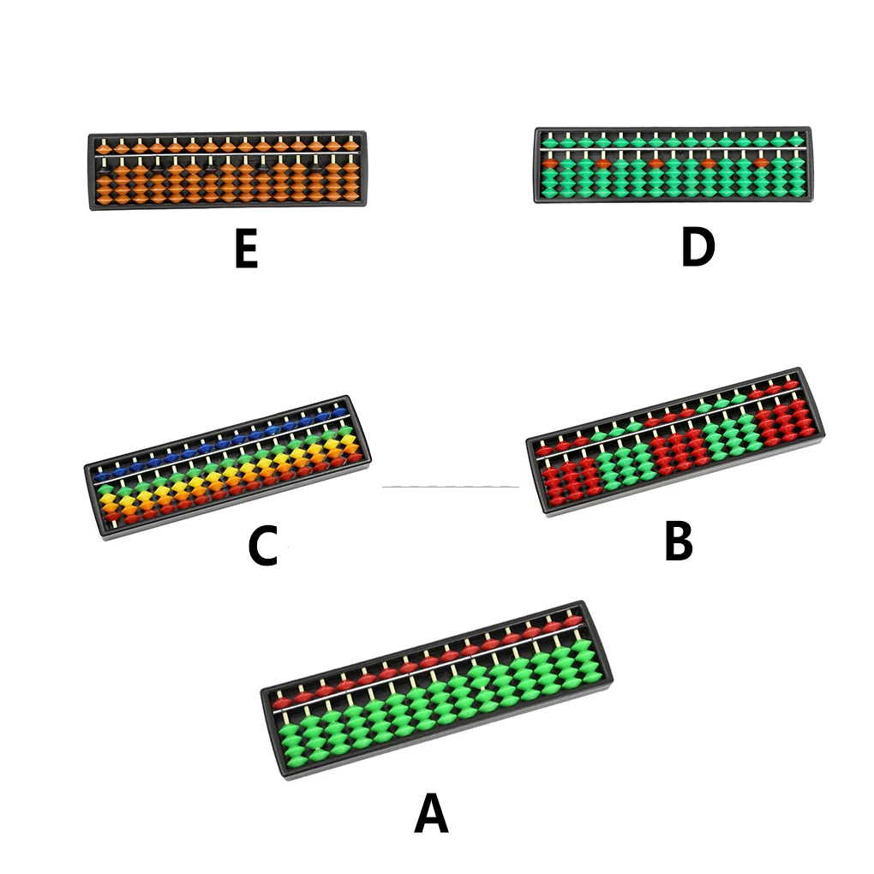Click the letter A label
coord(431,813)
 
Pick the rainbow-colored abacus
coord(227,466)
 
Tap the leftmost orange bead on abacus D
coord(552,161)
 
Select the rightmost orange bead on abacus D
coord(761,161)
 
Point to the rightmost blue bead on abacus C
coord(340,412)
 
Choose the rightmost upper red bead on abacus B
coord(789,386)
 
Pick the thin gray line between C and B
coord(450,487)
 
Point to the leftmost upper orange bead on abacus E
coord(102,148)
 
